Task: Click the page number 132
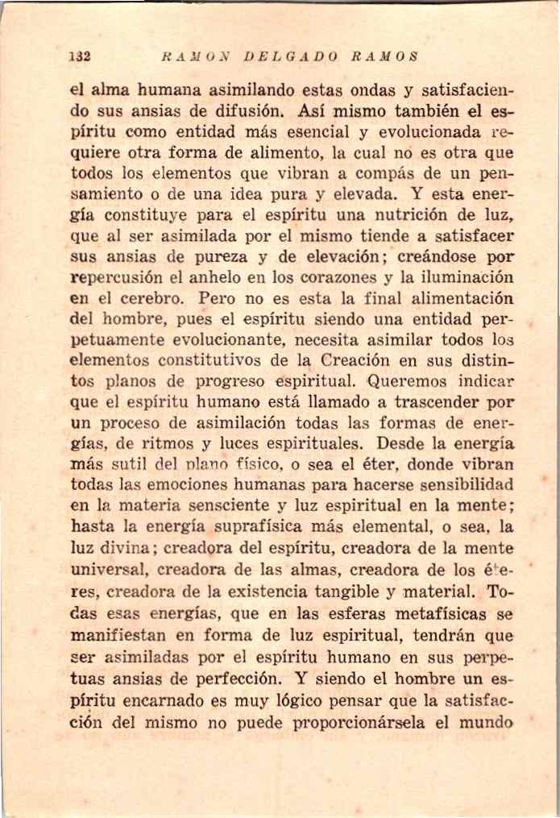79,57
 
